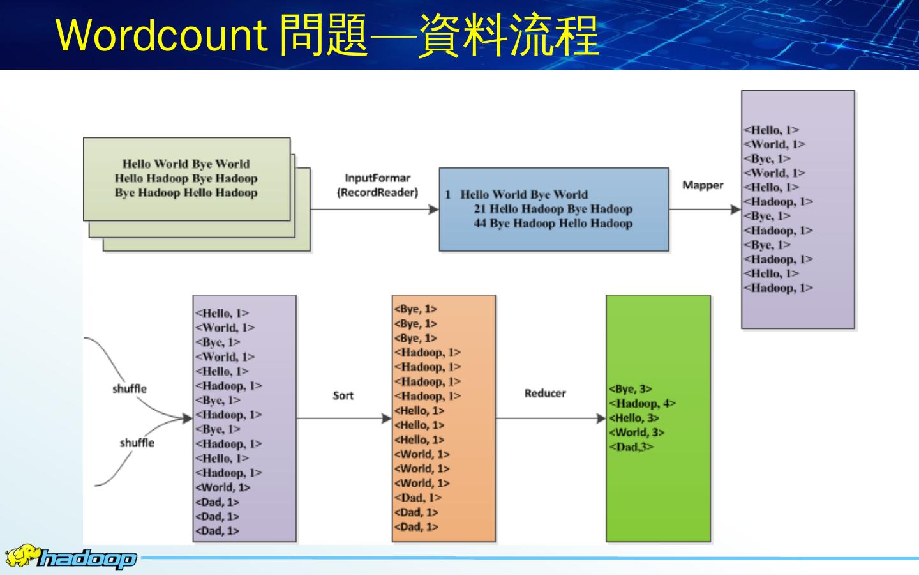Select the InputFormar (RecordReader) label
[x=377, y=185]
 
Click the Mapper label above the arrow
[x=703, y=185]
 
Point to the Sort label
[x=343, y=395]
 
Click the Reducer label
[x=545, y=394]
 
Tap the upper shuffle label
[x=130, y=388]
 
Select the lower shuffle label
[x=137, y=443]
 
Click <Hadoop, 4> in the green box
[x=642, y=403]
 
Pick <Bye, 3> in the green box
[x=631, y=388]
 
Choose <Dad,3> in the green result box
[x=631, y=447]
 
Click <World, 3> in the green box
[x=636, y=433]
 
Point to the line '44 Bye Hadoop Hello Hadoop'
[x=553, y=224]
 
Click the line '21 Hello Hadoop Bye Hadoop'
[x=553, y=209]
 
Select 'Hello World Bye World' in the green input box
[x=186, y=164]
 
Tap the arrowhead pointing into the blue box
[x=435, y=209]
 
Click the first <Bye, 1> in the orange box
[x=415, y=309]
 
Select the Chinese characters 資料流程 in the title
[x=509, y=36]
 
